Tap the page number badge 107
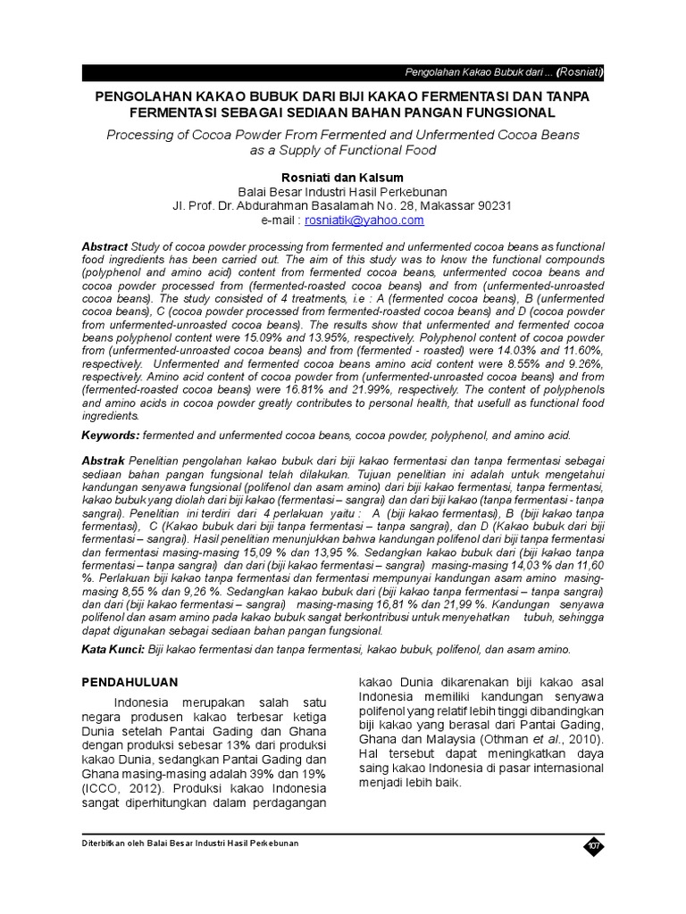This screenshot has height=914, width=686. (x=593, y=846)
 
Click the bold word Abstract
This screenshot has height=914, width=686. (x=105, y=246)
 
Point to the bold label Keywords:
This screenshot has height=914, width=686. (x=110, y=435)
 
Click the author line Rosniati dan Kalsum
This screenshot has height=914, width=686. (x=342, y=178)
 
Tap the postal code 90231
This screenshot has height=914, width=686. (x=492, y=205)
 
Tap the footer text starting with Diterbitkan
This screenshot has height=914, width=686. (x=190, y=843)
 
